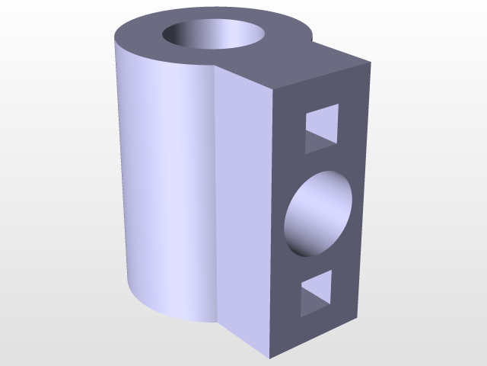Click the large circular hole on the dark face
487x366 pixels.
pyautogui.click(x=318, y=213)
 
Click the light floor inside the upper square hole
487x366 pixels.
pyautogui.click(x=318, y=141)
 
